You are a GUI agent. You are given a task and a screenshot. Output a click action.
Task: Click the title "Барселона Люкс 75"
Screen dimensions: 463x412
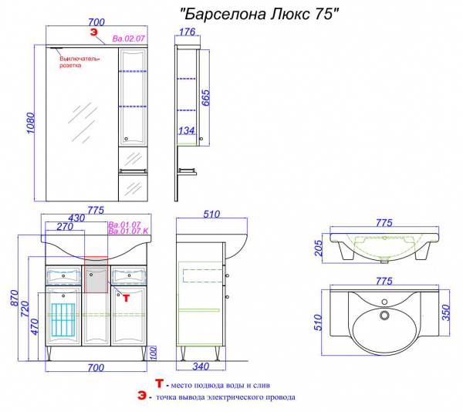(259, 14)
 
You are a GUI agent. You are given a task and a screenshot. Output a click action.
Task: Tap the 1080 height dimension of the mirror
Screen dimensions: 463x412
(31, 123)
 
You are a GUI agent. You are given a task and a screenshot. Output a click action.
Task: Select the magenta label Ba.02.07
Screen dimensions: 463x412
(128, 39)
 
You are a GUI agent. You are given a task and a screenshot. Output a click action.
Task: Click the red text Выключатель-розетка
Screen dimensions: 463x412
(79, 62)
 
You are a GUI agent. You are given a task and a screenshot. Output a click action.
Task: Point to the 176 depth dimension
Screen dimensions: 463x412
(188, 32)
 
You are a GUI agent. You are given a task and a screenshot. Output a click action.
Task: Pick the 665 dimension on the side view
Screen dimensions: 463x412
(205, 98)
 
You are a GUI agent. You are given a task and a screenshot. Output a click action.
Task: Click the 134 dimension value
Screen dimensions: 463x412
(187, 130)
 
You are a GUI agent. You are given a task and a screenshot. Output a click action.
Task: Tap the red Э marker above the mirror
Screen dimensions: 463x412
(93, 32)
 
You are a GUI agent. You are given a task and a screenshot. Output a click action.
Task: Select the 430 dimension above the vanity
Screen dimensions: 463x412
(76, 218)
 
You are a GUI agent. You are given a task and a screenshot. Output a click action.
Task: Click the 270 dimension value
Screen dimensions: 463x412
(65, 227)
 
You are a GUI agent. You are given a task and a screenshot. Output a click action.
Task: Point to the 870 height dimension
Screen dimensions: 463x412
(14, 298)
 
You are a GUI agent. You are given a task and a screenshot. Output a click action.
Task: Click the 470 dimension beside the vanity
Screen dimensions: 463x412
(35, 326)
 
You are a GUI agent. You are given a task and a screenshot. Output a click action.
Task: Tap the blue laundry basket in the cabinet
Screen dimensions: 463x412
(63, 319)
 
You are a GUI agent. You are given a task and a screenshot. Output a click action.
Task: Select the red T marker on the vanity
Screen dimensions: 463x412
(126, 298)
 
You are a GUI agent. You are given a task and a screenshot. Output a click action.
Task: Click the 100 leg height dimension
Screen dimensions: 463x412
(153, 353)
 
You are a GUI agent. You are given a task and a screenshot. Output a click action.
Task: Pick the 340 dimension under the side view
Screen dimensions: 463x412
(201, 366)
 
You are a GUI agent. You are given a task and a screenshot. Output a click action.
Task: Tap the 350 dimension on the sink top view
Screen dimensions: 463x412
(446, 312)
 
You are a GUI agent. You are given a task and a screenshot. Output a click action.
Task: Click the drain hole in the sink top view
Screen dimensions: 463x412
(384, 315)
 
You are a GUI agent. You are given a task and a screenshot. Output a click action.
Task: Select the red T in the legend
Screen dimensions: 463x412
(160, 383)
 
